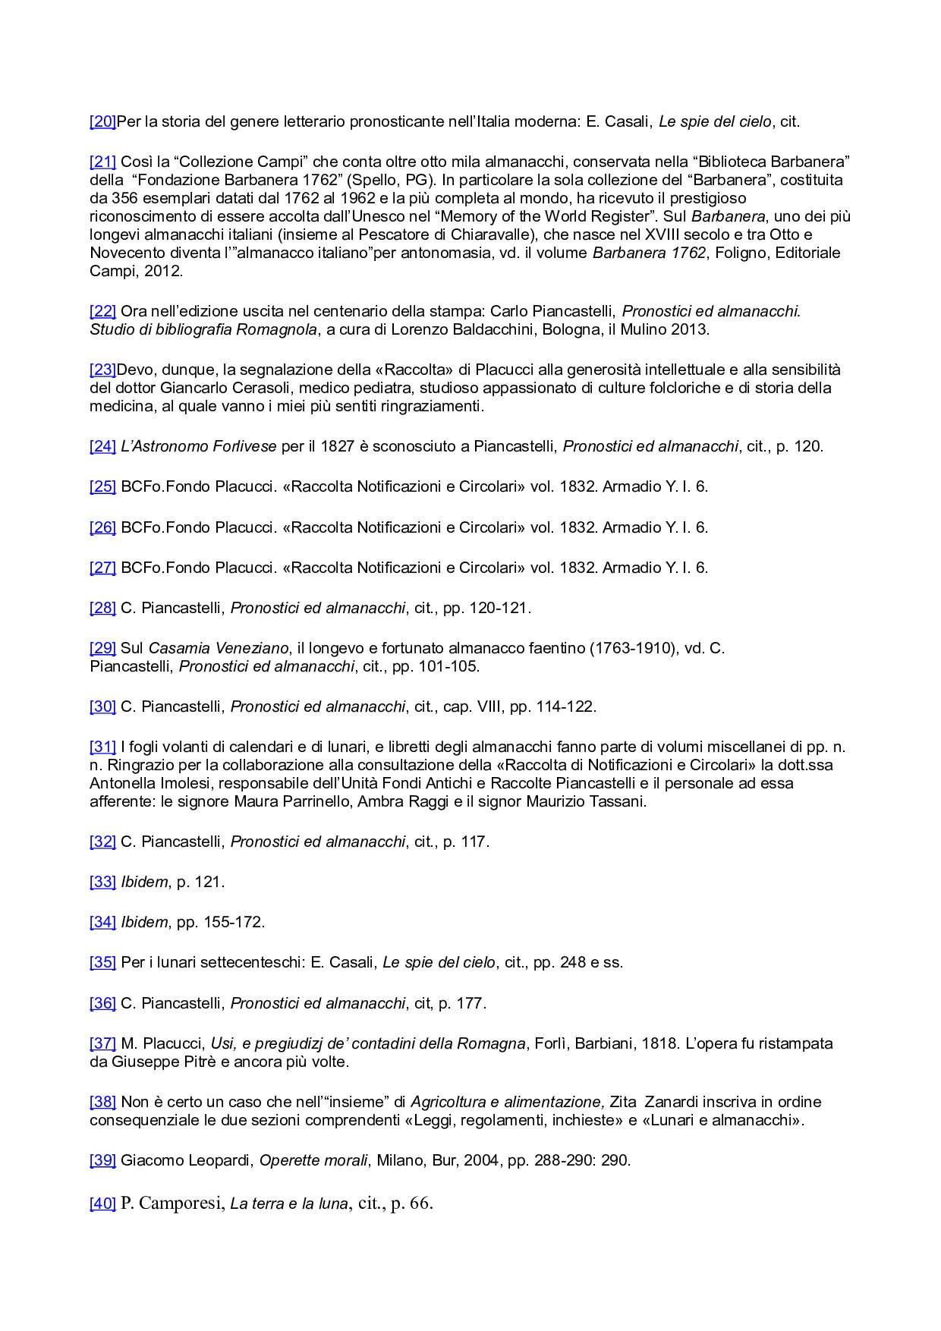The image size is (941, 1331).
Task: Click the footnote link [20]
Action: click(x=102, y=121)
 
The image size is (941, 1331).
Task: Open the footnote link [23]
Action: click(x=102, y=370)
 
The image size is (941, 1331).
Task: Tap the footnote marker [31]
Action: click(x=102, y=747)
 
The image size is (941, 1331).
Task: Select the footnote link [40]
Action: click(x=102, y=1204)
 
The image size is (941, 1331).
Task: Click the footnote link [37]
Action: click(x=102, y=1043)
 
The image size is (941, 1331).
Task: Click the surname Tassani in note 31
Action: click(x=616, y=801)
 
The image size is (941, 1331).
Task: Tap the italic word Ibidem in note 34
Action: click(x=144, y=922)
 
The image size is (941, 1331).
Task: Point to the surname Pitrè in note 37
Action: click(x=197, y=1062)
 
